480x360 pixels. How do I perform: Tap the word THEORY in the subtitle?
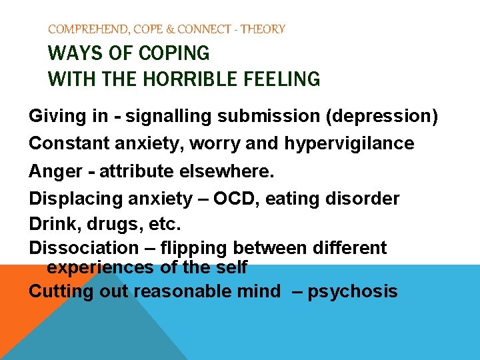263,29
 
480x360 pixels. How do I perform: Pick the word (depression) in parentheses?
382,117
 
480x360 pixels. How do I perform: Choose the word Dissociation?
83,249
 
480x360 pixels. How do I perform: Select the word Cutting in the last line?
60,291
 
